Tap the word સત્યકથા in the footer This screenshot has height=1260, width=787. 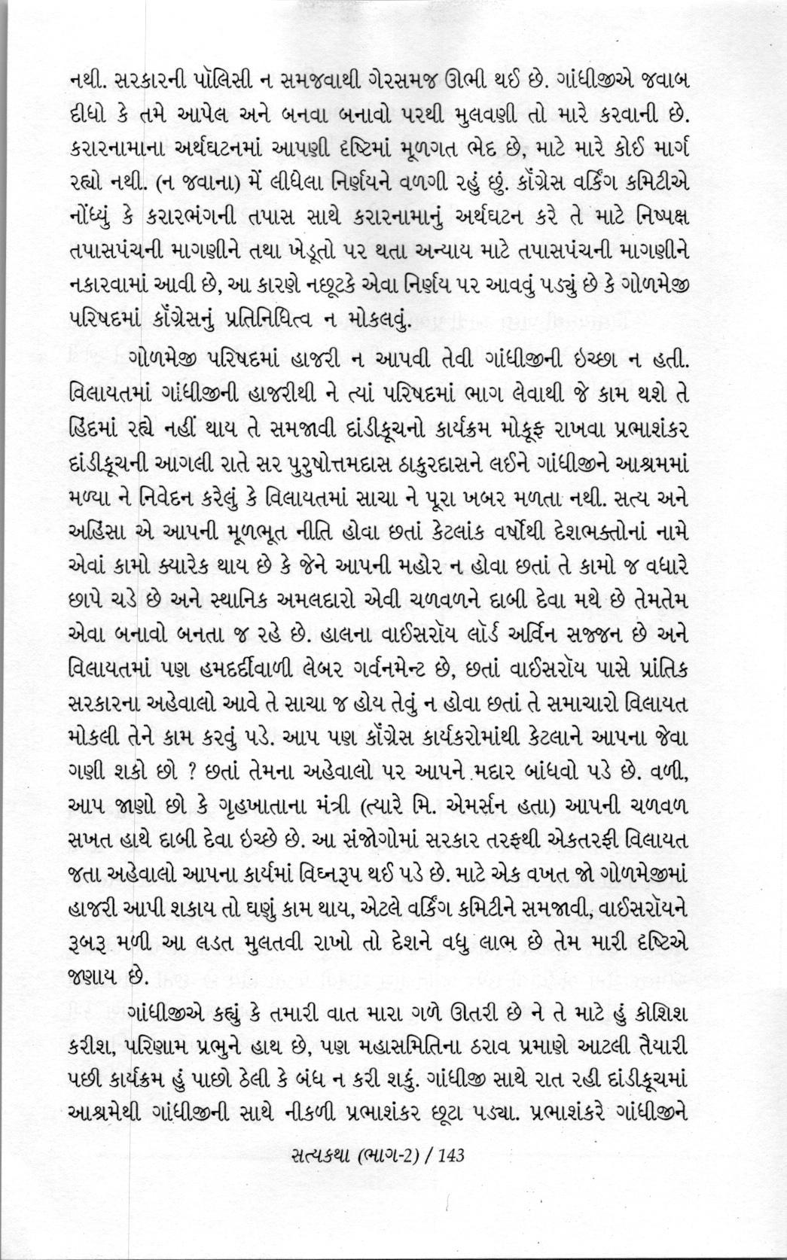pos(302,1176)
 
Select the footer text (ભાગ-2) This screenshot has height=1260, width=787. pos(374,1176)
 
